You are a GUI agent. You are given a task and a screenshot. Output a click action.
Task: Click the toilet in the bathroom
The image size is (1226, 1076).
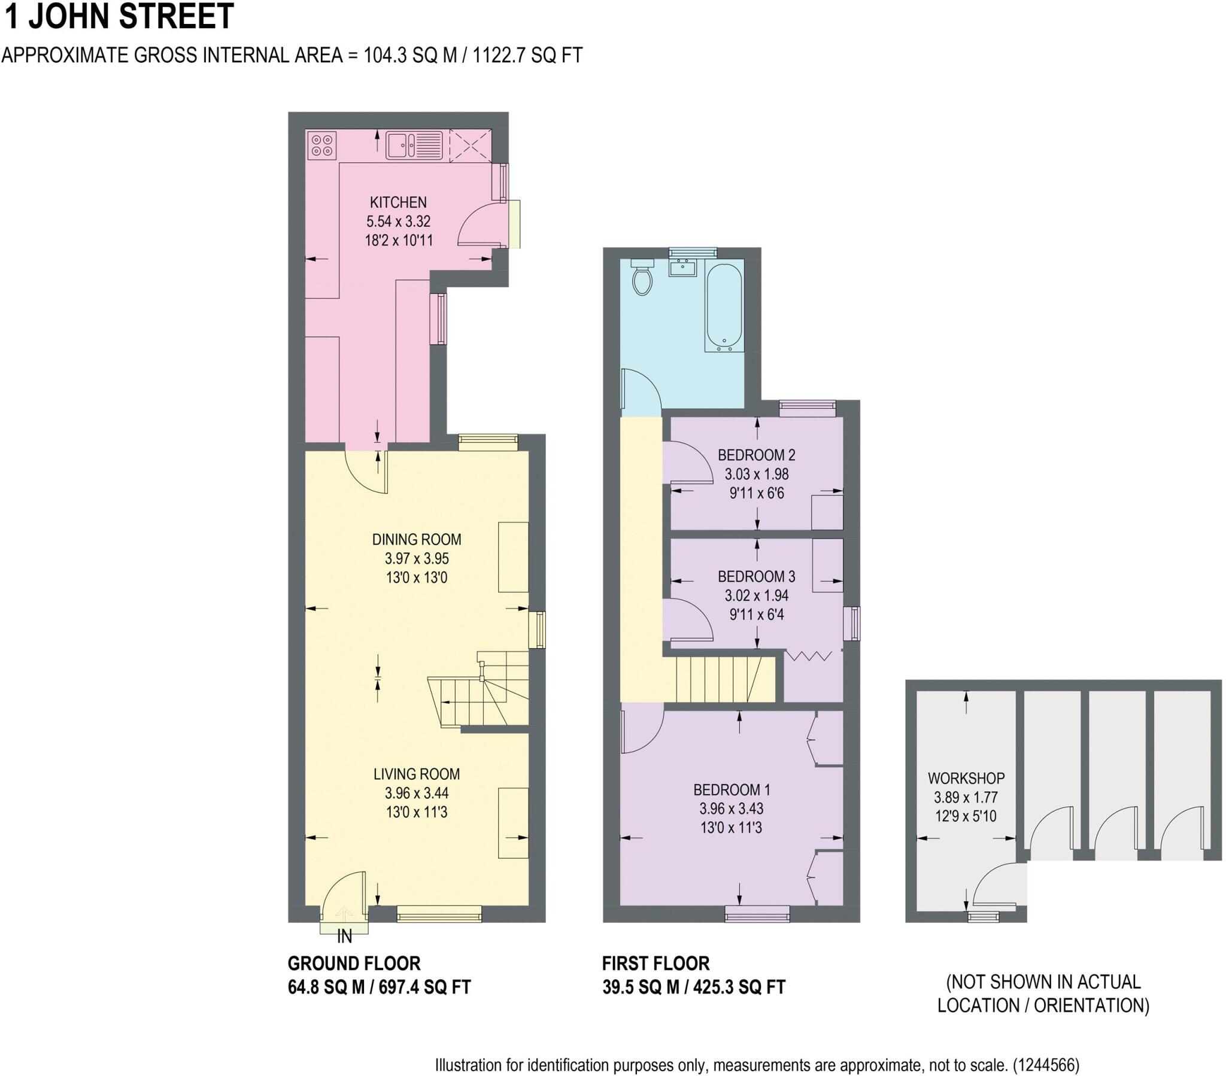pyautogui.click(x=642, y=278)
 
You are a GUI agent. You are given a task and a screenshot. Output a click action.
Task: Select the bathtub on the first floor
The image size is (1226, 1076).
pyautogui.click(x=724, y=306)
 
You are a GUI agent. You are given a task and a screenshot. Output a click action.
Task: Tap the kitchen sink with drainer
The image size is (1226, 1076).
pyautogui.click(x=413, y=146)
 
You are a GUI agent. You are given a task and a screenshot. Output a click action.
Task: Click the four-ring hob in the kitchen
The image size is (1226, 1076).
pyautogui.click(x=321, y=146)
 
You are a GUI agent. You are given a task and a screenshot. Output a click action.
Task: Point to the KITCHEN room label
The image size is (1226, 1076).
pyautogui.click(x=397, y=203)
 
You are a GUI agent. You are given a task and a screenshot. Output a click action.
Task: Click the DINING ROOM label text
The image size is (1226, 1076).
pyautogui.click(x=416, y=539)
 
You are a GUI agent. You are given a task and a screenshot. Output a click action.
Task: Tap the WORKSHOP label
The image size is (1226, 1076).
pyautogui.click(x=966, y=779)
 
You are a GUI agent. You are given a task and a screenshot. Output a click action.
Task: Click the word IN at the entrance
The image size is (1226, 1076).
pyautogui.click(x=344, y=936)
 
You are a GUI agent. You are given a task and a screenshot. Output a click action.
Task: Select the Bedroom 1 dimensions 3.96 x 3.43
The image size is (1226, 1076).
pyautogui.click(x=730, y=808)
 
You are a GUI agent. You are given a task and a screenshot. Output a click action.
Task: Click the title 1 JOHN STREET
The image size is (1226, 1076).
pyautogui.click(x=119, y=17)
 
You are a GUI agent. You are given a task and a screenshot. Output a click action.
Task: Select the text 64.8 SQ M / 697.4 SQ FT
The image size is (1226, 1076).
pyautogui.click(x=379, y=987)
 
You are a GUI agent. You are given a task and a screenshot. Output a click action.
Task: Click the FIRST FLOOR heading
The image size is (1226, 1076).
pyautogui.click(x=656, y=963)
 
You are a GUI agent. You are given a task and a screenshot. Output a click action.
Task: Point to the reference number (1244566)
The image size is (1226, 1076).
pyautogui.click(x=1046, y=1065)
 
